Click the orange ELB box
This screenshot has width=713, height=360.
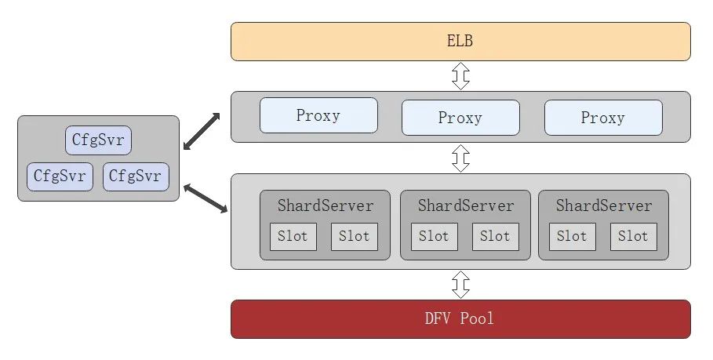click(460, 42)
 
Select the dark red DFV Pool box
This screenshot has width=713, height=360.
click(460, 319)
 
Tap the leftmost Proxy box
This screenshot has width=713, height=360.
click(318, 115)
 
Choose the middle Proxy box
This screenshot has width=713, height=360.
click(460, 118)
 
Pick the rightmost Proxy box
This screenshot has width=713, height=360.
click(603, 118)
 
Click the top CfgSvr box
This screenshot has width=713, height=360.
click(98, 140)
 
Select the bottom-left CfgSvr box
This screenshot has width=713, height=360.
click(60, 176)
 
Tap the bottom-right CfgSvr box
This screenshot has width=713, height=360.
click(136, 176)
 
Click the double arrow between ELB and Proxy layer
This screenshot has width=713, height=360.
click(460, 76)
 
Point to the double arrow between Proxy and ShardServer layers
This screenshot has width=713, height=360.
click(460, 158)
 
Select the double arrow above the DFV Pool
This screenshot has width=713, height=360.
click(460, 285)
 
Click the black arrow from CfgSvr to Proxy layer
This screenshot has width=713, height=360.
click(202, 131)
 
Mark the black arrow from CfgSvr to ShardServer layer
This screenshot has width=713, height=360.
click(206, 198)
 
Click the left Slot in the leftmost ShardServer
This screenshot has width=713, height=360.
click(293, 236)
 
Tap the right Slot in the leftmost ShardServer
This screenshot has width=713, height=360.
click(355, 236)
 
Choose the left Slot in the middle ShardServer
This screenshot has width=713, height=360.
click(435, 236)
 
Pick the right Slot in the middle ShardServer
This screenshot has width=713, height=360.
click(496, 236)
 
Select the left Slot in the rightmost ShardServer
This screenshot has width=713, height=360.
click(573, 236)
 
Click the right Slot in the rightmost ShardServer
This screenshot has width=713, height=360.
click(634, 236)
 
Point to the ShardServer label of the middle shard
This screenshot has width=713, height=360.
click(466, 205)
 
